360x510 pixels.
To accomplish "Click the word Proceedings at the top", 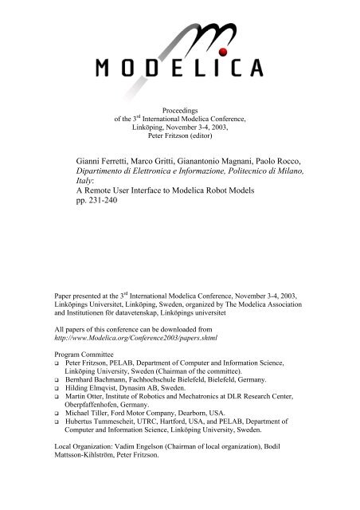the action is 180,111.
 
